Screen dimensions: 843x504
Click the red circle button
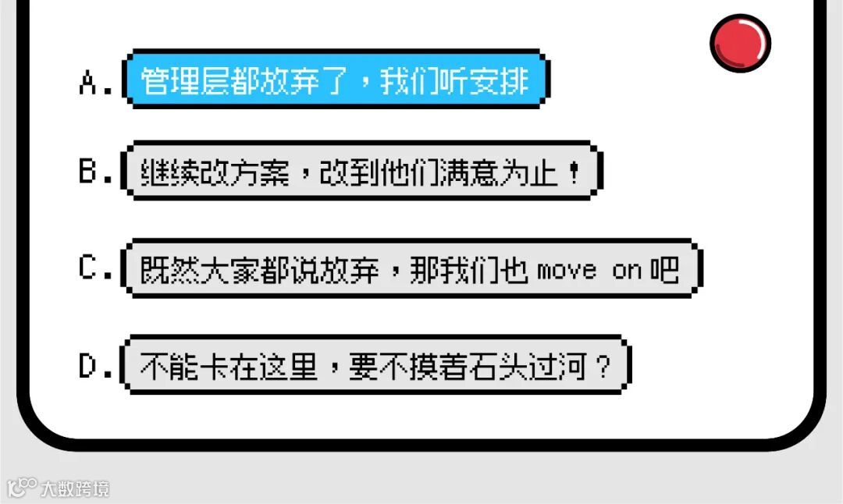click(x=740, y=43)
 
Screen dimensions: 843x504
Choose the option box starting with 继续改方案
click(x=361, y=171)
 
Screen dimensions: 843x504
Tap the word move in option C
click(x=567, y=271)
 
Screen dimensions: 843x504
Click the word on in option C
click(x=627, y=271)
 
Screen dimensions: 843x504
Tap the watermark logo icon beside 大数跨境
click(x=21, y=488)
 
